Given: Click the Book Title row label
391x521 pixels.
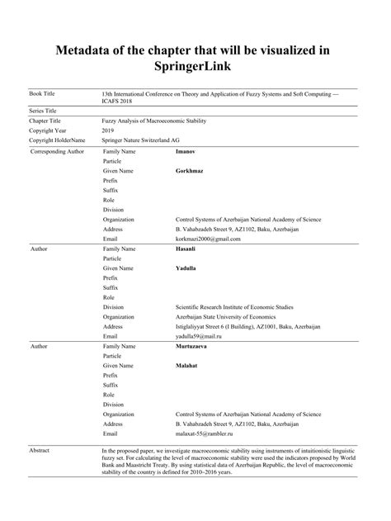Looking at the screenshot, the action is (45, 95).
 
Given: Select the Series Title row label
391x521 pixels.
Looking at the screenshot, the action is (47, 110).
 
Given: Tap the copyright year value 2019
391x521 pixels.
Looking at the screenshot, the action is (108, 130).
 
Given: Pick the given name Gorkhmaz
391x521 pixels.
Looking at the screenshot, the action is (190, 171).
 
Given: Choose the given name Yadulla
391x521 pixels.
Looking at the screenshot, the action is (186, 268).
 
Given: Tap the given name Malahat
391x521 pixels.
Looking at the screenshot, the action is (186, 365).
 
